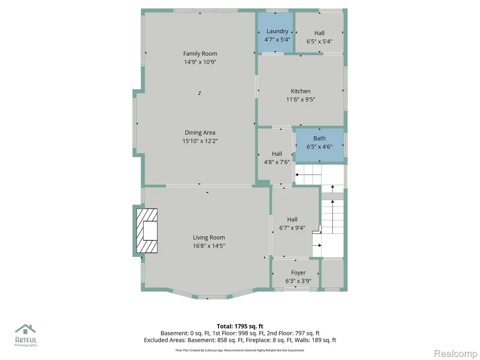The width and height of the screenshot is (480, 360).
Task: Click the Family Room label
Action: pos(200,53)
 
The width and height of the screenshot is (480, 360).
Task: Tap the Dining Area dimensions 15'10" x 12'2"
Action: pos(200,141)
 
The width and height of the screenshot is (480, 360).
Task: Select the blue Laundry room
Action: pos(276,32)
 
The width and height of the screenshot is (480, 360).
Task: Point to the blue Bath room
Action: pos(319,145)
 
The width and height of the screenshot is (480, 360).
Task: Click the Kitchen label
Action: pos(300,91)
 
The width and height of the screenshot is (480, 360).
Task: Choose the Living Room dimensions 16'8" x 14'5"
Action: pos(209,246)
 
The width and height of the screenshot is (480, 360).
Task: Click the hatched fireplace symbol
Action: pos(147,231)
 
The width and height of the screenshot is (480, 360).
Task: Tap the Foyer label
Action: pos(299,273)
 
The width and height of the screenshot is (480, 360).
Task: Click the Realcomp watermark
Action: pos(456,353)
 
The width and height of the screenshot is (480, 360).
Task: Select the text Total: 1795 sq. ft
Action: pos(240,326)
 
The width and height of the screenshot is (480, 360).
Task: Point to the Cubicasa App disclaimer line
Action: pos(240,350)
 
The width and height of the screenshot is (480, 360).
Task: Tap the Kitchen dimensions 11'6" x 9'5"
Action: pos(300,99)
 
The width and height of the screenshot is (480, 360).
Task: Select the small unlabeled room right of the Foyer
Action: pos(332,273)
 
